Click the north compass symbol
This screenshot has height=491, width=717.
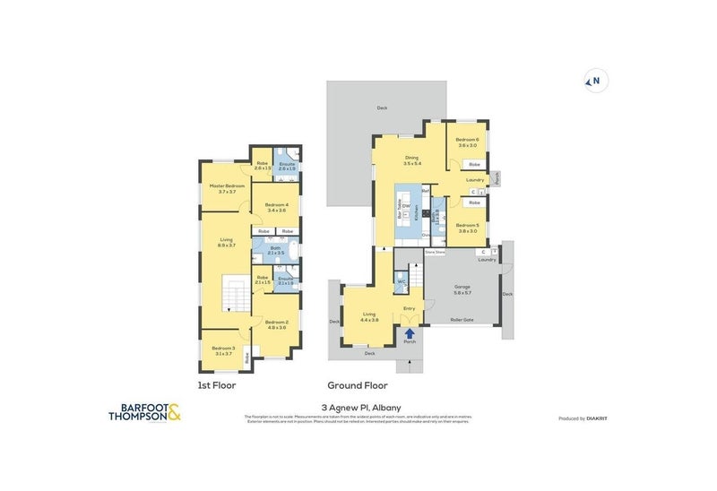[x=593, y=82]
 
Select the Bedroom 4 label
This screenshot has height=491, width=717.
[x=276, y=207]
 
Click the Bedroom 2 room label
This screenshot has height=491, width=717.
[x=275, y=324]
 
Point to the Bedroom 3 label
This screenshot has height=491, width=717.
[x=222, y=350]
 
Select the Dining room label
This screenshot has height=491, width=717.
[x=411, y=160]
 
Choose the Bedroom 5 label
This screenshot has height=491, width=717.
[x=467, y=228]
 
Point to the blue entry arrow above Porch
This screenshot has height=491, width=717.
[x=410, y=332]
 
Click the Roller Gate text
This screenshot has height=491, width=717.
[x=461, y=317]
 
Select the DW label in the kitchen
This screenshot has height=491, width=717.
[x=406, y=206]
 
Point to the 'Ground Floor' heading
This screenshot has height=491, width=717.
[x=358, y=385]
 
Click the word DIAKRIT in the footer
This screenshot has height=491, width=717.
[x=598, y=418]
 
